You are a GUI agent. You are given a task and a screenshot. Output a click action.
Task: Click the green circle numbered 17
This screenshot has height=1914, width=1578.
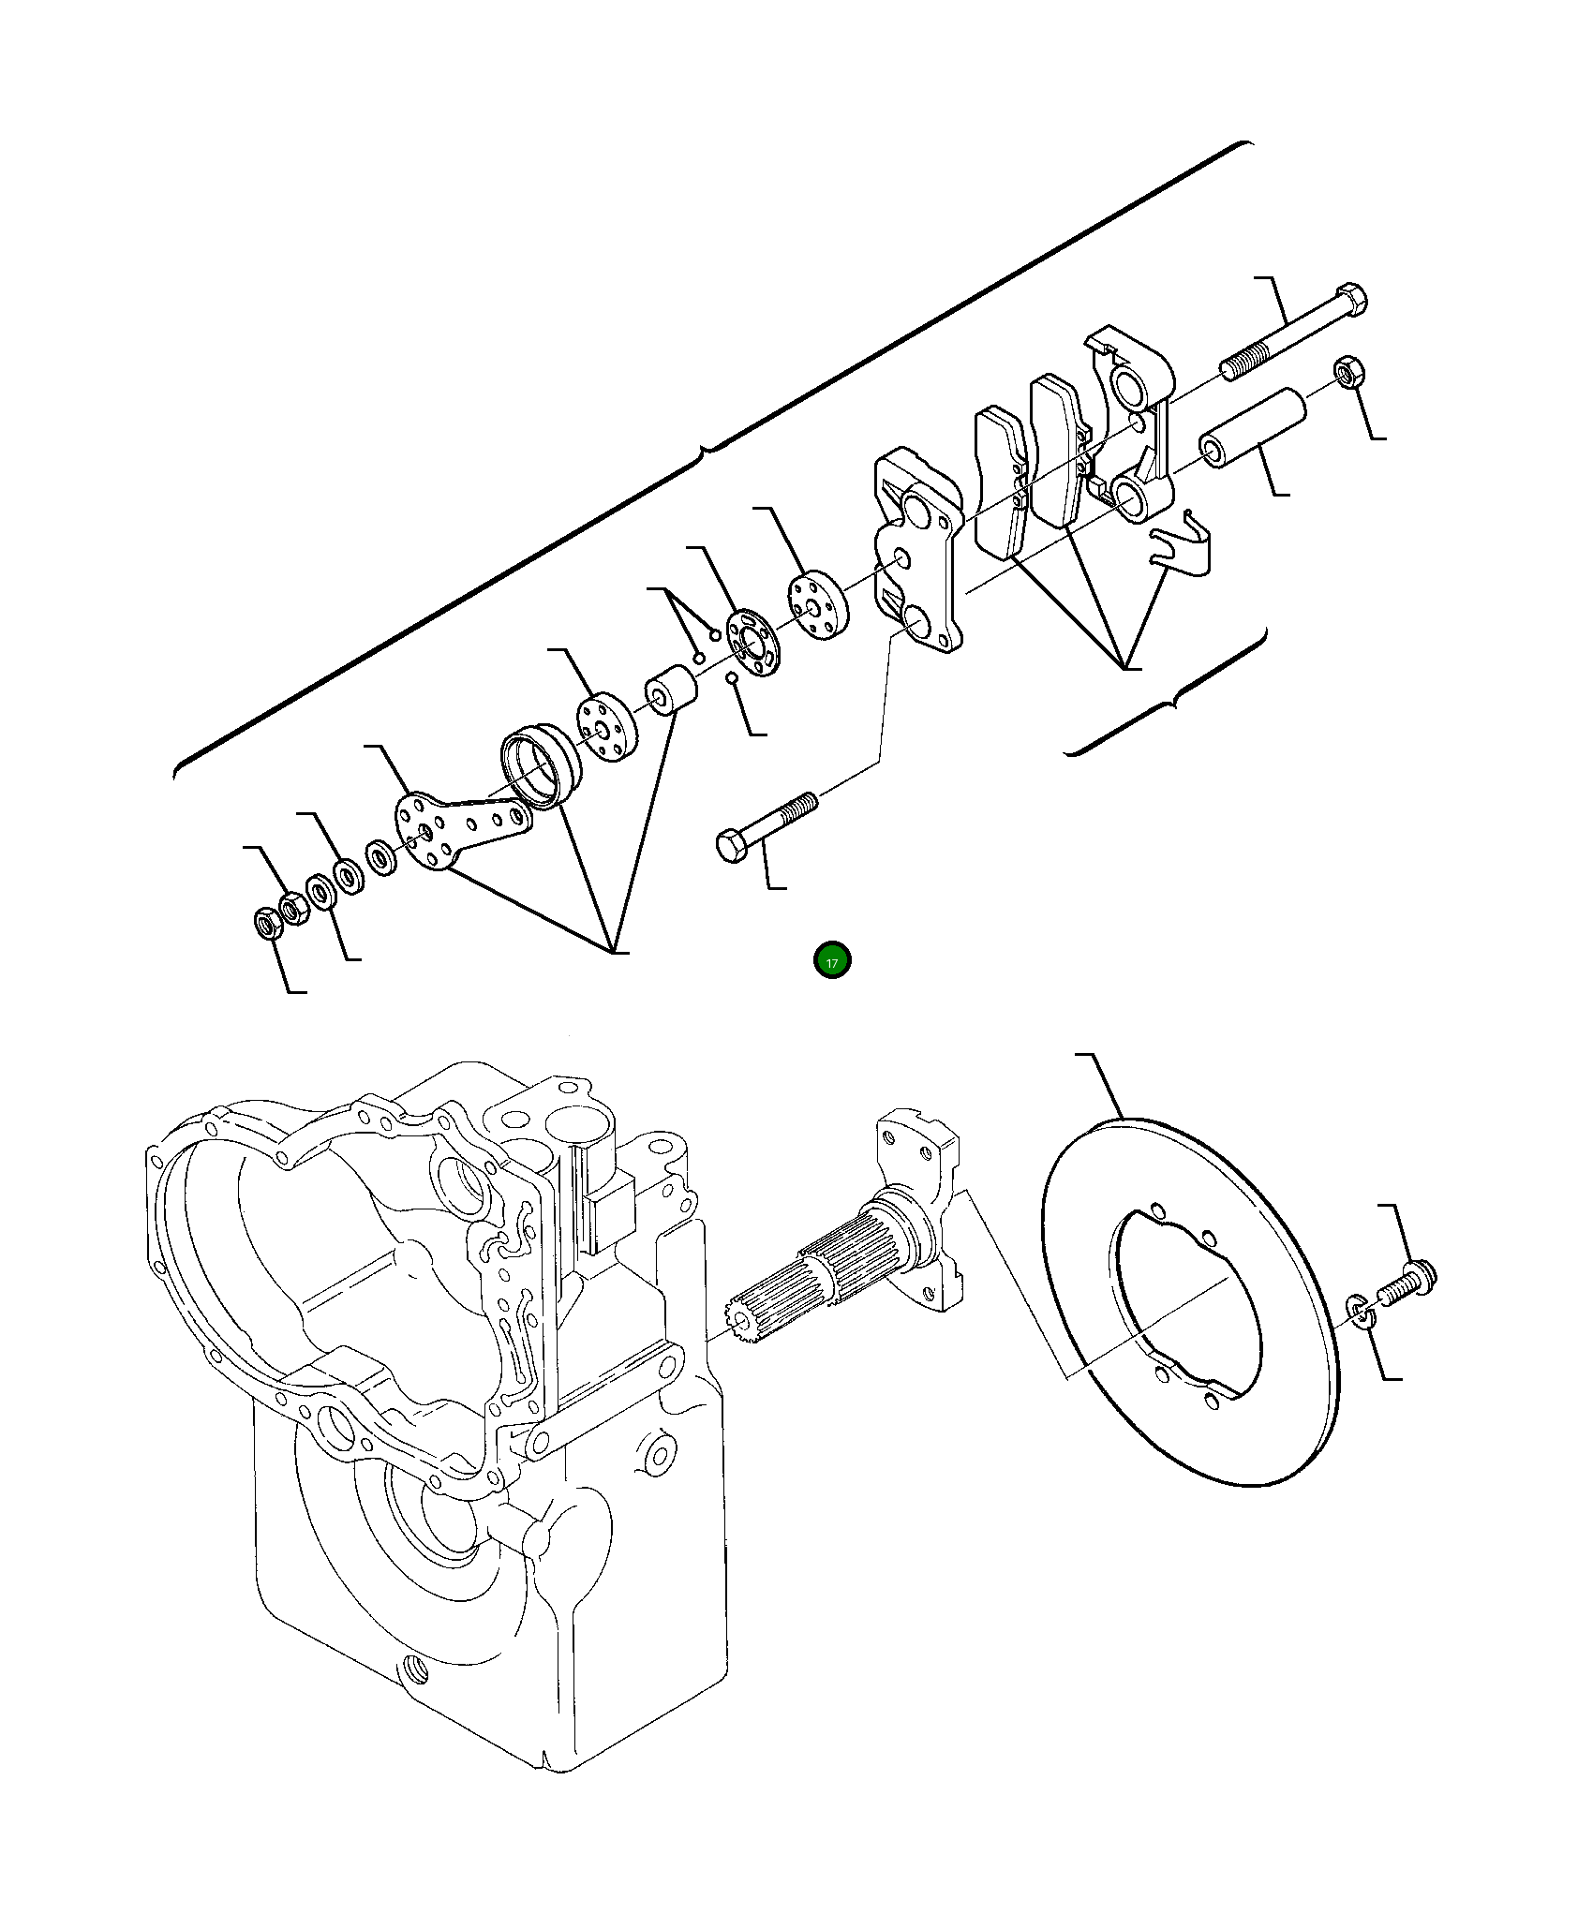pyautogui.click(x=832, y=960)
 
